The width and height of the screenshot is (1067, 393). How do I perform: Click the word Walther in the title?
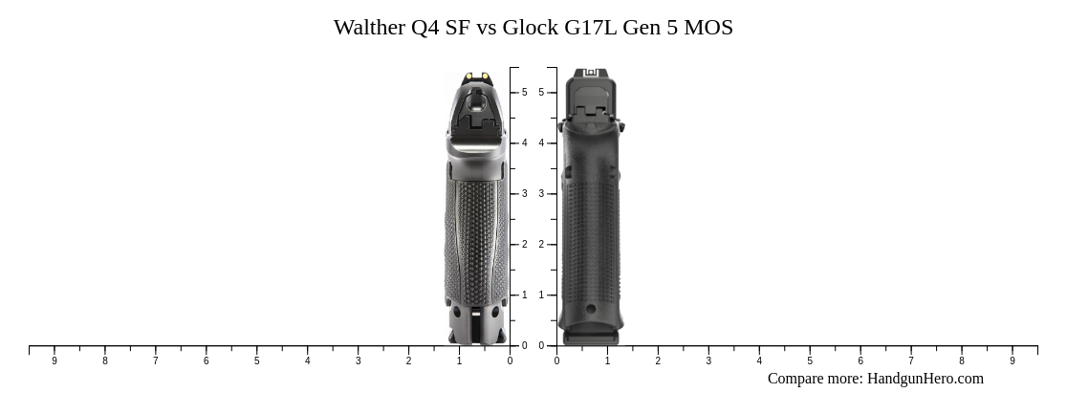[369, 28]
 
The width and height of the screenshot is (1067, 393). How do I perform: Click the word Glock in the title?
[531, 28]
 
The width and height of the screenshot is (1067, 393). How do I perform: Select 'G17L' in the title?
[591, 28]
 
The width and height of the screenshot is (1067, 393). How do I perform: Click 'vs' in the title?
[486, 28]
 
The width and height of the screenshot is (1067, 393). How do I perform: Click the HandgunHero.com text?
[925, 379]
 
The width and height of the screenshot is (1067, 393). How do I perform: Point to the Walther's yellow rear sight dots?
[476, 76]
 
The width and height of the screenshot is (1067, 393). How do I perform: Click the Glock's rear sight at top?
[591, 73]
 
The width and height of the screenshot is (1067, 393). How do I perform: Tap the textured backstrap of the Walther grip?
[476, 229]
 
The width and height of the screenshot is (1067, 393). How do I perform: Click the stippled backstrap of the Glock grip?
[591, 229]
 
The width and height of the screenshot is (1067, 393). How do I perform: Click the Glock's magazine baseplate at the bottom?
[591, 337]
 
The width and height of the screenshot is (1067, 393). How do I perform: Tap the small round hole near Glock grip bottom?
[591, 309]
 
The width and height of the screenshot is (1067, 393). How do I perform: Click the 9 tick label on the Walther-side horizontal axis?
[54, 360]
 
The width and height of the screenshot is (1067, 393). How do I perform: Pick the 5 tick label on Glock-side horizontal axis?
[810, 360]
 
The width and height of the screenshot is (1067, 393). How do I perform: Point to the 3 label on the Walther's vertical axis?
[524, 194]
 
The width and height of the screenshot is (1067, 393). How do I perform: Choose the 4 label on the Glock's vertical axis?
[541, 143]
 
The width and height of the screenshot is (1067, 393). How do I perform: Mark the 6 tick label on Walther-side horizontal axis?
[206, 360]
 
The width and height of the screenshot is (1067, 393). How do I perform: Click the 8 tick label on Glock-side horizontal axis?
[962, 360]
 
